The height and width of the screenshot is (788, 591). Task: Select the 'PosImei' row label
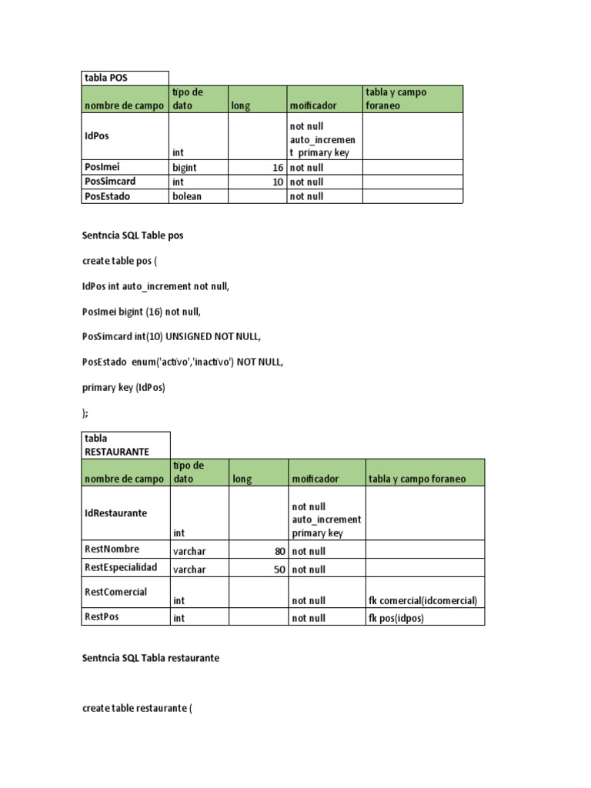(102, 167)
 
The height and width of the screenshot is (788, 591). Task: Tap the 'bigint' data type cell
(185, 167)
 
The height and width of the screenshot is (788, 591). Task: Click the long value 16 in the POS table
(277, 167)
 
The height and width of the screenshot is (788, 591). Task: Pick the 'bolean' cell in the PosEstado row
(187, 196)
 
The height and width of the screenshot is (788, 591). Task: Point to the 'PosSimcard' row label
(109, 182)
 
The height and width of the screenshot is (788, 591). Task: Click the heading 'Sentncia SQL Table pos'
(132, 235)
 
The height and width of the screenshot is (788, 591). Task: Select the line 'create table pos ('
(119, 261)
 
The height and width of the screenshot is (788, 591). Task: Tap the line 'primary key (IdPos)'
(123, 388)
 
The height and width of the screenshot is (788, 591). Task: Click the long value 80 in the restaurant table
(279, 551)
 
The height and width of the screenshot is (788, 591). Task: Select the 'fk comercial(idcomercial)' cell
(423, 600)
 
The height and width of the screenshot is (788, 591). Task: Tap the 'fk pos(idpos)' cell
(396, 618)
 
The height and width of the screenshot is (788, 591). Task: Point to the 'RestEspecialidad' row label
(120, 567)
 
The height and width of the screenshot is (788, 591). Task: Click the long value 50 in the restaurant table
(279, 569)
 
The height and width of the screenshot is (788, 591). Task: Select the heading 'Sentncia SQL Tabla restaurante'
(150, 659)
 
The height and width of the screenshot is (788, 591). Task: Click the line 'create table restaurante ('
(136, 708)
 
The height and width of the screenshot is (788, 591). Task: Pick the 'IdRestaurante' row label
(115, 513)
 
